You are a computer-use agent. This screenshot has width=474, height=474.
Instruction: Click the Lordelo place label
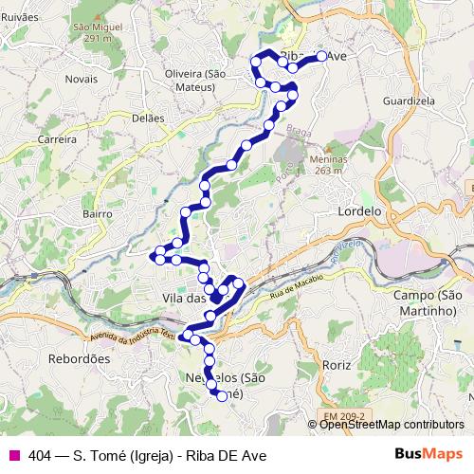[359, 211]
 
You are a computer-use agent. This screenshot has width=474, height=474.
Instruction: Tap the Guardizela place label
[409, 100]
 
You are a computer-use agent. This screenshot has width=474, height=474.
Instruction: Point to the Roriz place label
[337, 364]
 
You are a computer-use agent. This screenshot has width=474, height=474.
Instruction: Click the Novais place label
[82, 79]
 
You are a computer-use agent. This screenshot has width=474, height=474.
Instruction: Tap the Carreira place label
[57, 138]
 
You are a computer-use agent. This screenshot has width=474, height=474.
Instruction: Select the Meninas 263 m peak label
[326, 165]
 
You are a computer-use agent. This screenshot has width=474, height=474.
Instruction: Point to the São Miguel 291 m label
[98, 32]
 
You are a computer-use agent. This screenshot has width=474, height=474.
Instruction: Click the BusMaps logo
[434, 455]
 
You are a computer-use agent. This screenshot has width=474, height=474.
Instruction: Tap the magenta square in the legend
[13, 455]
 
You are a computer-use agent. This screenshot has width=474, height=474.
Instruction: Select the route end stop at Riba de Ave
[321, 56]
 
